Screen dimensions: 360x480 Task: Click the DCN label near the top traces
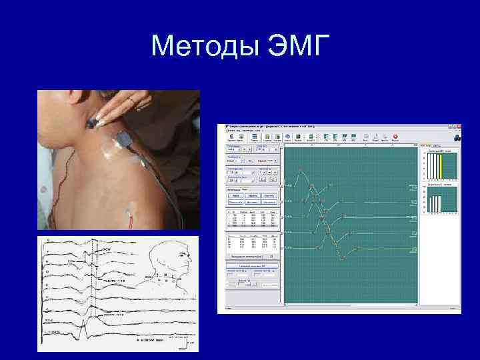(106, 250)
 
